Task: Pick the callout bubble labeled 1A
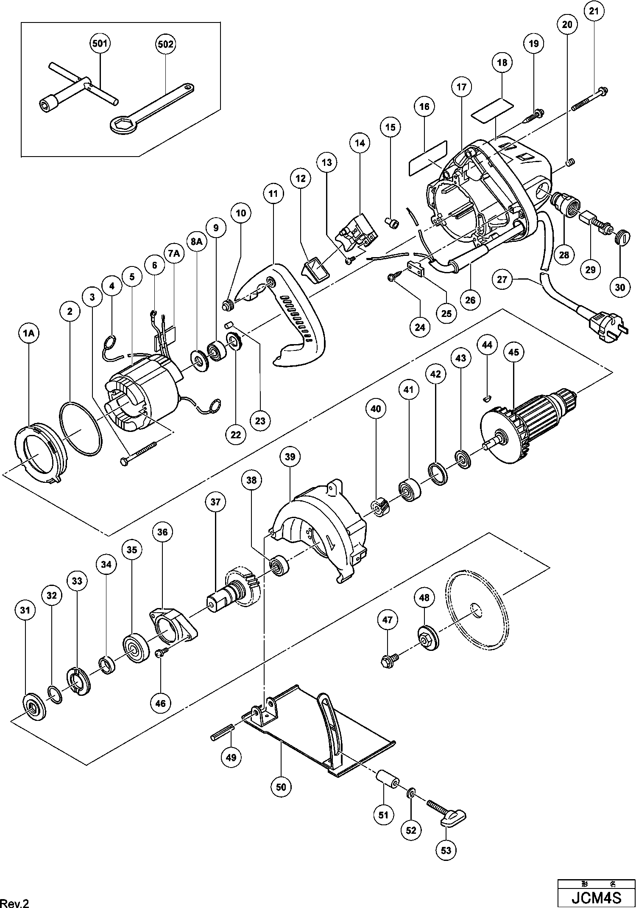coord(29,334)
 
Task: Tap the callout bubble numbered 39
coord(290,457)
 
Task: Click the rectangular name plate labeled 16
coord(427,157)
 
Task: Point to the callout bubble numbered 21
coord(594,11)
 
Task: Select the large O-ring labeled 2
coord(81,429)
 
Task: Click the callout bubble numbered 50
coord(281,787)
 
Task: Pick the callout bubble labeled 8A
coord(197,241)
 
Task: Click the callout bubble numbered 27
coord(502,279)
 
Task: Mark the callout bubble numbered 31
coord(25,610)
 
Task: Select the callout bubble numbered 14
coord(360,143)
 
